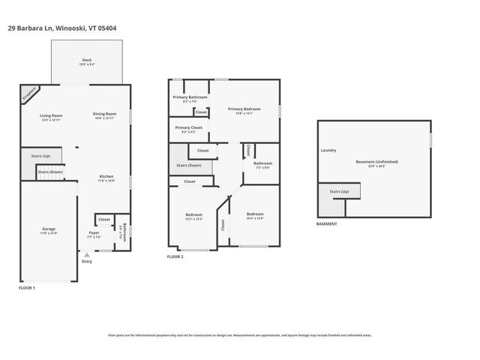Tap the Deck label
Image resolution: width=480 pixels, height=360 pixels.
(x=88, y=61)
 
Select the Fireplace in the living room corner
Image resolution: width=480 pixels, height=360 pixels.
(x=28, y=94)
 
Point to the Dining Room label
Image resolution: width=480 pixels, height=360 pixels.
(x=105, y=115)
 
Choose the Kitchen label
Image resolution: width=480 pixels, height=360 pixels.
(x=106, y=178)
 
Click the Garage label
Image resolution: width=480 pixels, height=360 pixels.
(x=48, y=229)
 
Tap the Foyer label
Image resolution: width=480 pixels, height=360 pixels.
(x=94, y=233)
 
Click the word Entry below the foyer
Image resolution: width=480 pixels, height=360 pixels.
(x=87, y=260)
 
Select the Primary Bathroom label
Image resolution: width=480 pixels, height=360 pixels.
(x=190, y=97)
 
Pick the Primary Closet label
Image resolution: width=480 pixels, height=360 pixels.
(x=188, y=128)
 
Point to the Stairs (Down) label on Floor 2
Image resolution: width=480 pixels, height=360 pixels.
(x=188, y=165)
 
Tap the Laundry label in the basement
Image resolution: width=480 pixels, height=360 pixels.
(x=328, y=150)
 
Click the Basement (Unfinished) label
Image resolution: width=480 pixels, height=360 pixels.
(x=377, y=162)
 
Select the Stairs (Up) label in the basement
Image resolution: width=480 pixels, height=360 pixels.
(x=340, y=191)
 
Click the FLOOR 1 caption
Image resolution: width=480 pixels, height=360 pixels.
(x=27, y=287)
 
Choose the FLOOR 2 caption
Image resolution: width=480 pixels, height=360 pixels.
(x=175, y=256)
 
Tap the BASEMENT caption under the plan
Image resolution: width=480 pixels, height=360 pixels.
(x=326, y=223)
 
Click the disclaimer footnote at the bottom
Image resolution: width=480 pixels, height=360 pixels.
(x=240, y=335)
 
